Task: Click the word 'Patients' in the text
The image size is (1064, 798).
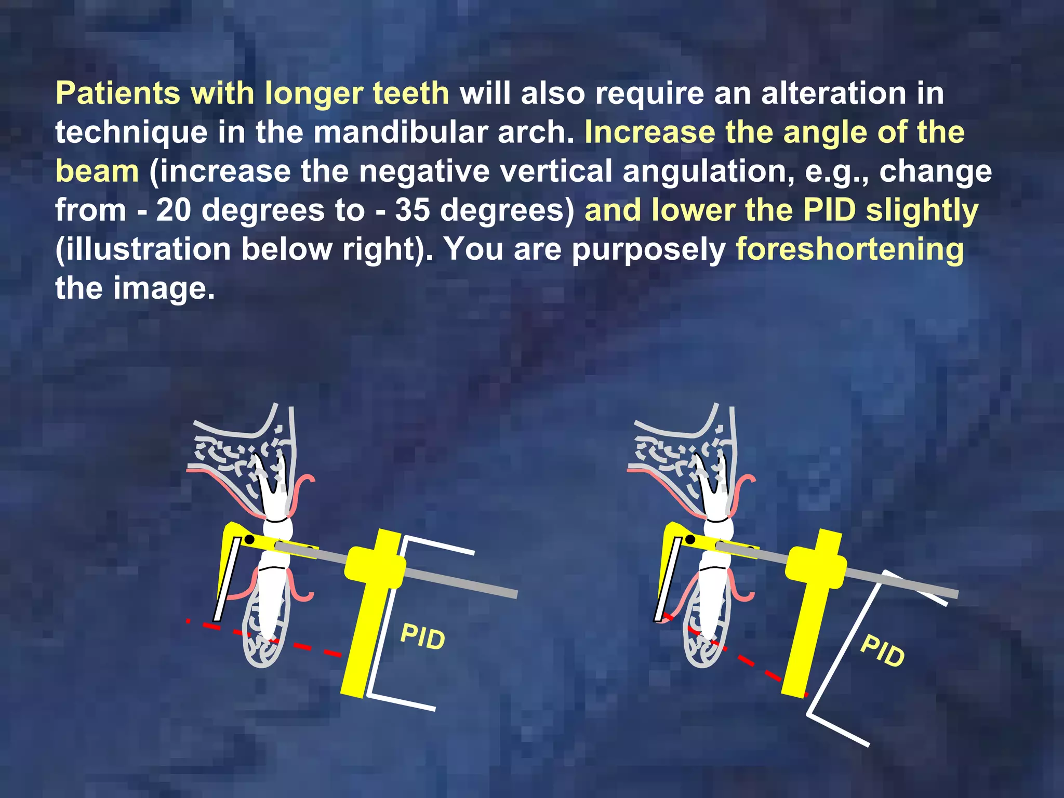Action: pos(118,94)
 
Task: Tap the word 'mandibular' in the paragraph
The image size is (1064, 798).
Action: pos(400,132)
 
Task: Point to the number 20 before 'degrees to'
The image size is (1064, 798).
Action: pos(174,210)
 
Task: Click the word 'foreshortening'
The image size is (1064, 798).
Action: pos(849,249)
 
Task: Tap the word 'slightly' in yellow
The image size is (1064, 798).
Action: pos(922,210)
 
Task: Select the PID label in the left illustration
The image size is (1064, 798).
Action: pos(422,637)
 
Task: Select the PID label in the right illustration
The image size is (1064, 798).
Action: pos(883,651)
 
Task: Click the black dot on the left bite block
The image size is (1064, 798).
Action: pos(249,539)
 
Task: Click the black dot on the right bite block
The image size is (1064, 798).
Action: pos(690,539)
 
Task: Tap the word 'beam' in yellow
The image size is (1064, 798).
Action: pos(97,171)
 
